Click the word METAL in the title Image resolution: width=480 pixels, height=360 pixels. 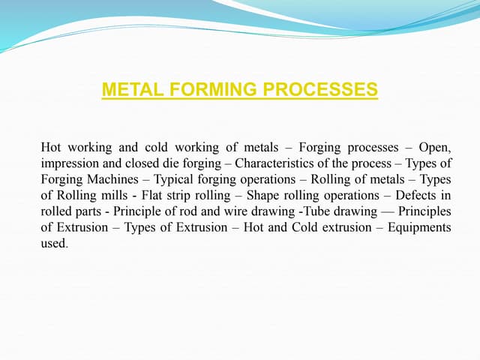tap(128, 91)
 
